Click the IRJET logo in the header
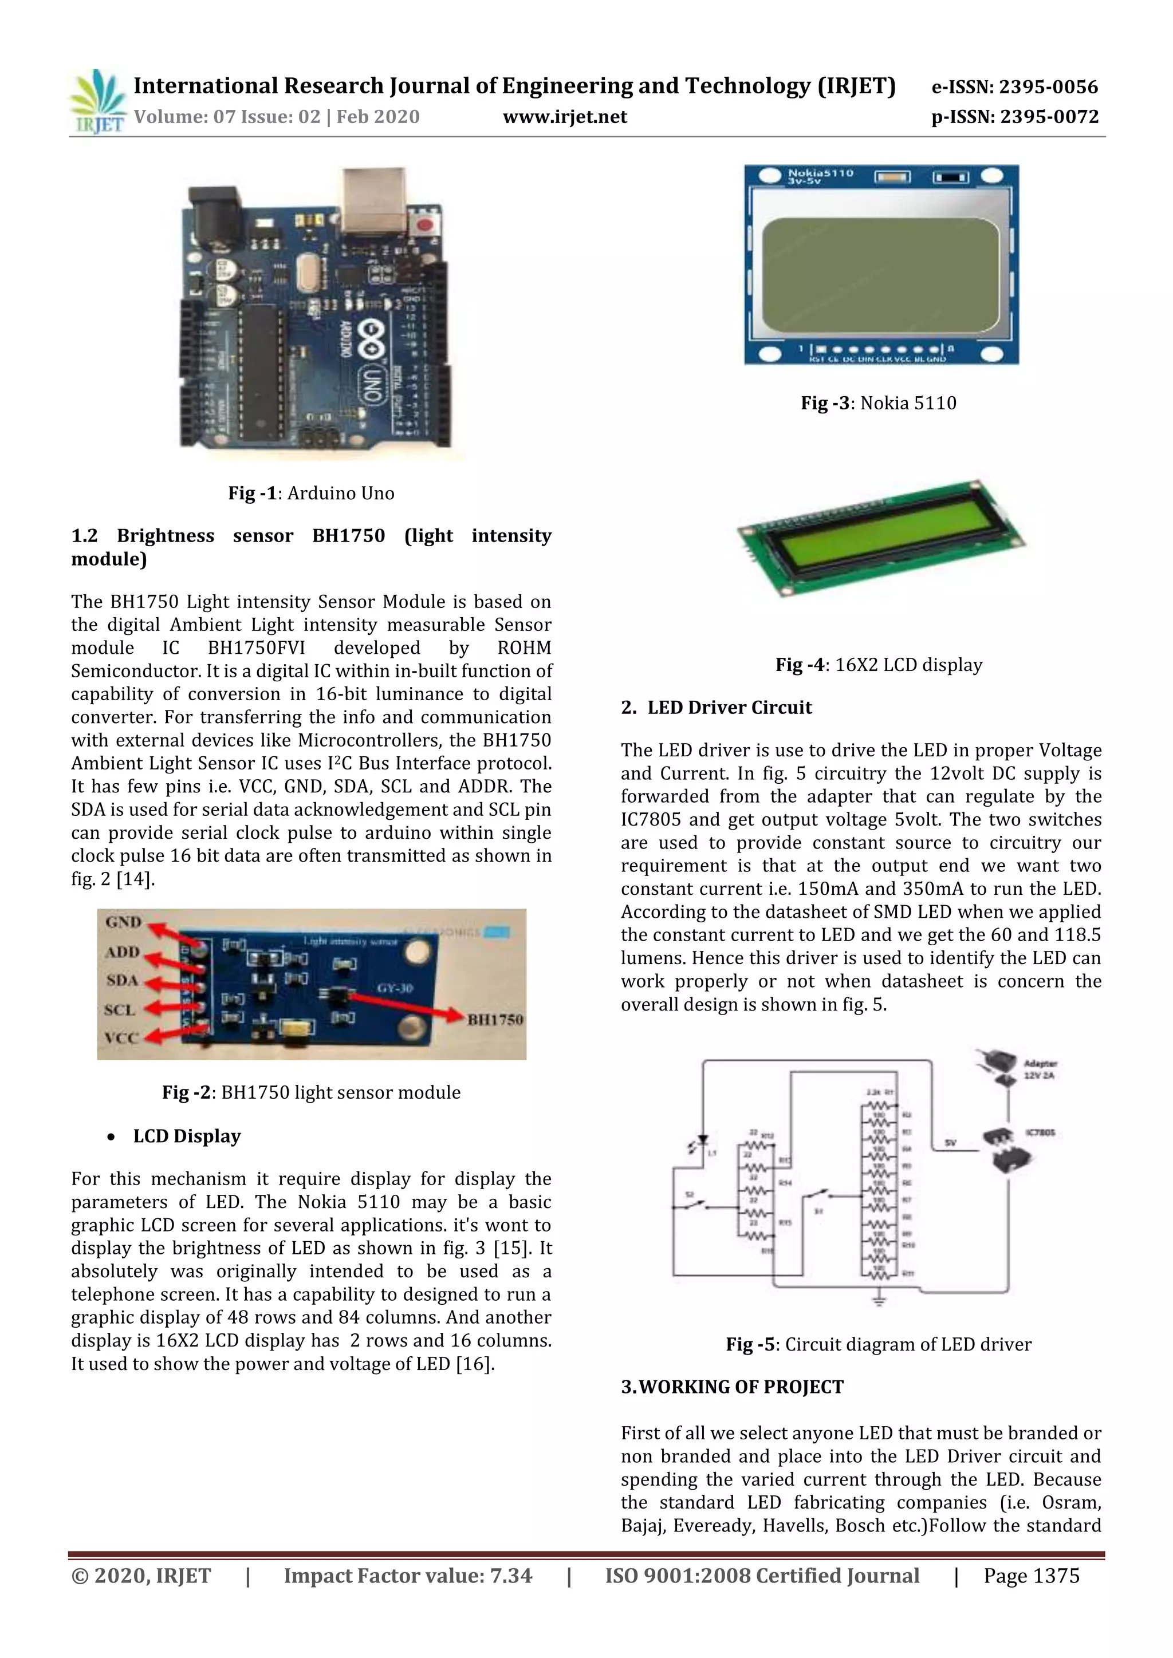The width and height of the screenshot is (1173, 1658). point(97,101)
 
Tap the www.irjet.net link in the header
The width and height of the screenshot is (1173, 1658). point(565,117)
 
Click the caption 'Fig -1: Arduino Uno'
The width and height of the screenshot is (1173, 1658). point(312,493)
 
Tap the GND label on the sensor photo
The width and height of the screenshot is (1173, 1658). point(124,922)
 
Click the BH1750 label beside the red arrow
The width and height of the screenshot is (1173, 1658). point(495,1020)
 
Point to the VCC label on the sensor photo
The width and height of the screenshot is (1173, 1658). point(121,1038)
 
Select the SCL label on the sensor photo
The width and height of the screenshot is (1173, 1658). point(120,1009)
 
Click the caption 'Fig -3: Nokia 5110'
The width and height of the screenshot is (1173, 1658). point(878,403)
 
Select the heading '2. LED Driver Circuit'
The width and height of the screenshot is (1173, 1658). point(716,708)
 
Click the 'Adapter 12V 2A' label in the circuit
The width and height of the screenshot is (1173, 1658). point(1040,1069)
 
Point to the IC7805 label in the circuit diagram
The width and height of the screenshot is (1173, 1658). point(1040,1132)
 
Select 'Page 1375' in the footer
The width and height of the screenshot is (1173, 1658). point(1031,1576)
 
